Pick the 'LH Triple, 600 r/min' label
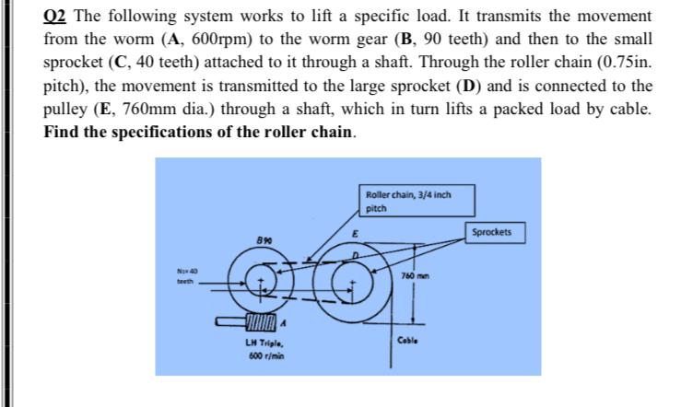click(258, 350)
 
